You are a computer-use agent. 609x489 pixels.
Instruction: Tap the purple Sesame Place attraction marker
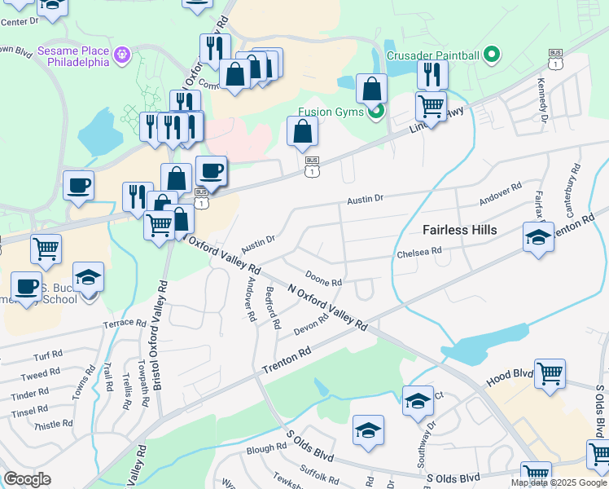click(x=123, y=55)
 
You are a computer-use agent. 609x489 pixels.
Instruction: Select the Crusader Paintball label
click(x=432, y=55)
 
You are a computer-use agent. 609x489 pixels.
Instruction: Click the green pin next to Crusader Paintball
click(x=491, y=55)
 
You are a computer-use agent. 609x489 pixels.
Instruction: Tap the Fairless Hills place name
click(x=459, y=230)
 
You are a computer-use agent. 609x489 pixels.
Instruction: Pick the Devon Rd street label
click(x=310, y=324)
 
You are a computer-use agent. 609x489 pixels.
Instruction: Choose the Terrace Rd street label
click(x=123, y=324)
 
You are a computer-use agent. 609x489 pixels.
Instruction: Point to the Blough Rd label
click(x=266, y=447)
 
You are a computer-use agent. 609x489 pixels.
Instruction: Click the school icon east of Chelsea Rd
click(x=538, y=237)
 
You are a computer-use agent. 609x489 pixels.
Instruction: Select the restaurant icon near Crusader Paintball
click(x=432, y=75)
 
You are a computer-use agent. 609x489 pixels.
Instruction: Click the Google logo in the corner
click(x=27, y=479)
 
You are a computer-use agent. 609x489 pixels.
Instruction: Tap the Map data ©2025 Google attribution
click(x=559, y=482)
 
